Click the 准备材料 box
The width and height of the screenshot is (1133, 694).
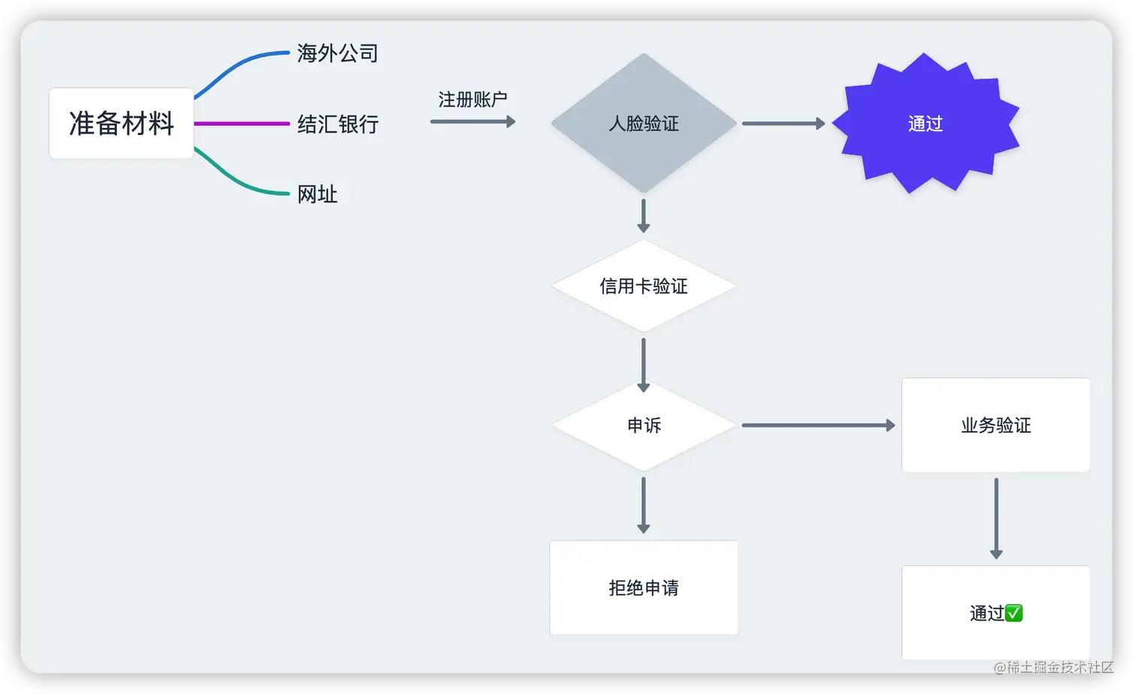click(x=121, y=123)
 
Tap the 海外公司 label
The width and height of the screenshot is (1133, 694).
click(x=337, y=53)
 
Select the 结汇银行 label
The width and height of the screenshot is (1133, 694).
click(x=337, y=124)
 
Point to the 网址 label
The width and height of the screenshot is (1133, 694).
click(x=317, y=194)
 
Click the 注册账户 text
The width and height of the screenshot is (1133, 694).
click(x=472, y=100)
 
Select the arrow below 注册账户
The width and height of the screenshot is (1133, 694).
click(x=473, y=121)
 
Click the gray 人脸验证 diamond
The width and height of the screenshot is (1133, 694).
click(x=643, y=124)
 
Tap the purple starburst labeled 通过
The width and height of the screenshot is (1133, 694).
click(x=925, y=124)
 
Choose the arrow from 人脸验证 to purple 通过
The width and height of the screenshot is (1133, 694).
click(x=783, y=124)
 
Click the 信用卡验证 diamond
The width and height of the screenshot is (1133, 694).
click(x=643, y=286)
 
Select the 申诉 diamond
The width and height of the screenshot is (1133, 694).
click(x=643, y=426)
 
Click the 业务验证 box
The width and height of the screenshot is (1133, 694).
click(x=995, y=426)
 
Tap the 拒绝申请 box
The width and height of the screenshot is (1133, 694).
click(x=643, y=588)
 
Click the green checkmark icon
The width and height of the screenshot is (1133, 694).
click(x=1014, y=614)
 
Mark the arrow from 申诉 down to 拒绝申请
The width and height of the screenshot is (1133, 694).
click(x=643, y=505)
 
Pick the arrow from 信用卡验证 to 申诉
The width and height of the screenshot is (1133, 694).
click(x=643, y=364)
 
